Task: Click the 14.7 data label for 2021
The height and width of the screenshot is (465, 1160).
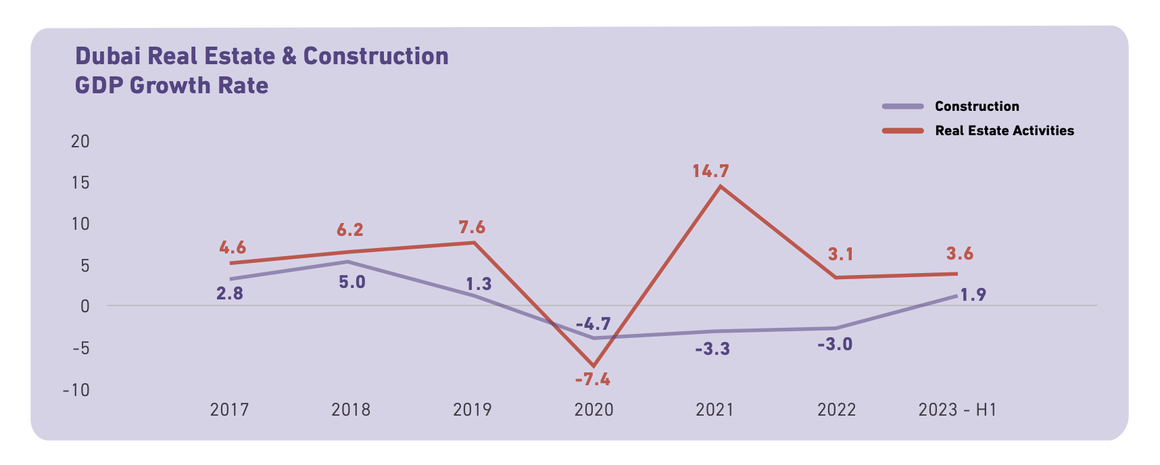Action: coord(710,171)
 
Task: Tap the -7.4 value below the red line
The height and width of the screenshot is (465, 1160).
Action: coord(592,380)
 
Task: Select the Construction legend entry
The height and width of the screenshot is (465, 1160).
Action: coord(976,106)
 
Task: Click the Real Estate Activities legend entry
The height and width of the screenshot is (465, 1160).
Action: coord(1004,130)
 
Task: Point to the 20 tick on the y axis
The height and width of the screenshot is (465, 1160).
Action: coord(80,141)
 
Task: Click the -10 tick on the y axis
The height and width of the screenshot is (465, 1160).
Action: coord(76,390)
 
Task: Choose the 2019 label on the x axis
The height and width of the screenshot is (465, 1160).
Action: coord(472,410)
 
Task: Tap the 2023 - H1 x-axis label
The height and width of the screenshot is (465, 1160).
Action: coord(957,410)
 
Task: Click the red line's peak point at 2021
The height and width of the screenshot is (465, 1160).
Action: coord(720,186)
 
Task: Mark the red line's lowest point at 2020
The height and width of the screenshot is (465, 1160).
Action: coord(594,366)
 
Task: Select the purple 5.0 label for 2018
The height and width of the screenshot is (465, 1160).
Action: coord(352,282)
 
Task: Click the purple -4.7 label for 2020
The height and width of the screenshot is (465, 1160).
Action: coord(593,324)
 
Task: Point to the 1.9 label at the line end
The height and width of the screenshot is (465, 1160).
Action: coord(973,295)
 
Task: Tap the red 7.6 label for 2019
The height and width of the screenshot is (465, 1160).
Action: coord(472,227)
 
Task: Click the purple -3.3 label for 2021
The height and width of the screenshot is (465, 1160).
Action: coord(712,349)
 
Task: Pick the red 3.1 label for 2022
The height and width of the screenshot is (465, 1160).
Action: coord(840,254)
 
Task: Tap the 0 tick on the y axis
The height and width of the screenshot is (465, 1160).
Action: coord(84,307)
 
